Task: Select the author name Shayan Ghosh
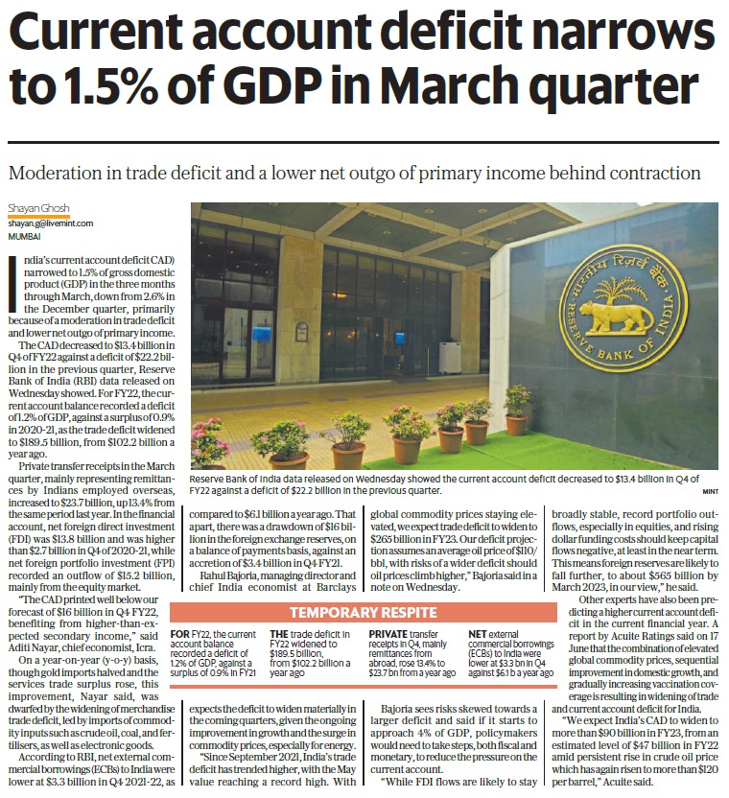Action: (x=38, y=208)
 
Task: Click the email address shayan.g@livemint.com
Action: (x=51, y=223)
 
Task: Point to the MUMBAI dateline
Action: (x=24, y=237)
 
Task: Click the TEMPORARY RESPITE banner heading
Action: (x=363, y=612)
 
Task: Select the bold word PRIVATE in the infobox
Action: (x=388, y=634)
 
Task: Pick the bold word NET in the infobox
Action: (x=477, y=634)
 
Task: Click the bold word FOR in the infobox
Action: (x=179, y=634)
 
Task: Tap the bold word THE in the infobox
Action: (x=279, y=634)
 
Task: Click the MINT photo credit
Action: (x=710, y=491)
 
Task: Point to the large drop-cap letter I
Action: (x=12, y=284)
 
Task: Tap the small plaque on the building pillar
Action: (x=301, y=331)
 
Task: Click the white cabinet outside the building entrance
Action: (x=450, y=358)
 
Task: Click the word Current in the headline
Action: (x=96, y=32)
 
